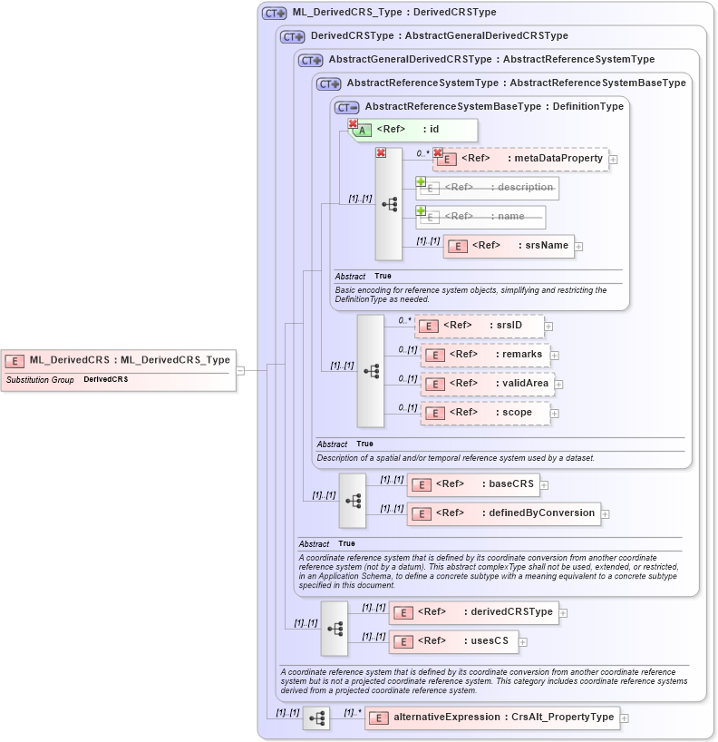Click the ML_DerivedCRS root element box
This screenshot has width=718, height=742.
coord(119,360)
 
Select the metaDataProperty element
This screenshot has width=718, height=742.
coord(520,159)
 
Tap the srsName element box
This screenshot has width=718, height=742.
coord(509,246)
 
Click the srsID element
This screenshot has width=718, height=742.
coord(480,326)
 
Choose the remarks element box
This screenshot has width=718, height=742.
coord(486,355)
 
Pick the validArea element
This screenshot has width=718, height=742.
coord(488,384)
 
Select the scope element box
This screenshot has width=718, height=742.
coord(486,413)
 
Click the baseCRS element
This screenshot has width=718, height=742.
coord(472,484)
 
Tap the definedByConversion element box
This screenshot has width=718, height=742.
coord(503,513)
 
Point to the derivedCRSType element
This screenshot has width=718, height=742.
coord(473,612)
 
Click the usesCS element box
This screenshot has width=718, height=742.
coord(454,641)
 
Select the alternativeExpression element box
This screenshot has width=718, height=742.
coord(492,718)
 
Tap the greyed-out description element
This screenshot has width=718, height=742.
coord(488,188)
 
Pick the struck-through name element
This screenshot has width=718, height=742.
coord(480,217)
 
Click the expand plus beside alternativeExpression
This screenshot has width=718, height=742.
coord(624,718)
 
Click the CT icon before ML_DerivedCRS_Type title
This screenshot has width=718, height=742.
coord(274,14)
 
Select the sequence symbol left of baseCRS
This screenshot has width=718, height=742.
coord(353,500)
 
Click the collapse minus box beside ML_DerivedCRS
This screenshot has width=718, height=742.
coord(240,370)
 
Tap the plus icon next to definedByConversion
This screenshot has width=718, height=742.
coord(605,514)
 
